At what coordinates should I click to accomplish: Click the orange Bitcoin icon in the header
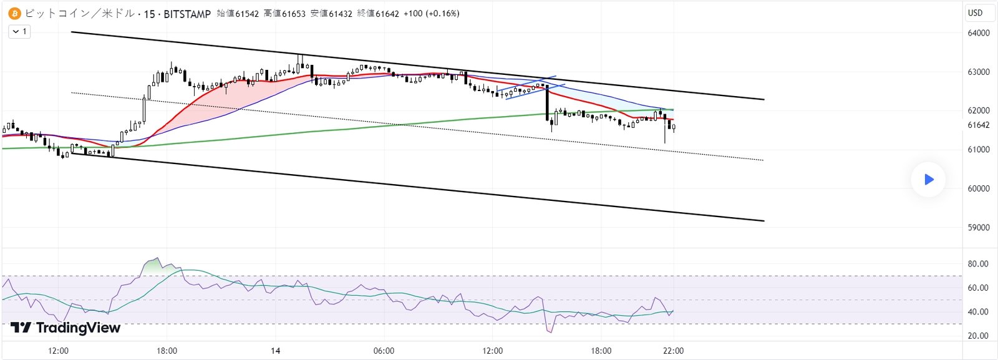pyautogui.click(x=14, y=13)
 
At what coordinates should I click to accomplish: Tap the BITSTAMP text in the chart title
pyautogui.click(x=187, y=14)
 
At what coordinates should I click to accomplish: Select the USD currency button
pyautogui.click(x=975, y=12)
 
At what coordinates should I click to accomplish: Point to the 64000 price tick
pyautogui.click(x=978, y=33)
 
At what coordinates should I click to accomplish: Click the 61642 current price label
pyautogui.click(x=978, y=125)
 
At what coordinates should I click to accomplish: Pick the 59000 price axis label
pyautogui.click(x=978, y=228)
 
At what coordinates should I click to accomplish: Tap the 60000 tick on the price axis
pyautogui.click(x=978, y=188)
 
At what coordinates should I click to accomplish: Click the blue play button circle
pyautogui.click(x=928, y=180)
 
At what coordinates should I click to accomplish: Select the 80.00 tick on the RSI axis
pyautogui.click(x=978, y=264)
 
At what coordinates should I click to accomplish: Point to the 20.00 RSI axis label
pyautogui.click(x=978, y=336)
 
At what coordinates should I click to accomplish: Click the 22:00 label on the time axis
pyautogui.click(x=673, y=351)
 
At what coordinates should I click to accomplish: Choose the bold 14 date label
pyautogui.click(x=276, y=351)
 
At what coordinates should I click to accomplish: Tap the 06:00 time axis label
pyautogui.click(x=384, y=351)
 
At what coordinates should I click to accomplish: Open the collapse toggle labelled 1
pyautogui.click(x=19, y=31)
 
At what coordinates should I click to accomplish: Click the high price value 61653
pyautogui.click(x=293, y=13)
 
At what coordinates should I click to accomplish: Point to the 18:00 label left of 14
pyautogui.click(x=167, y=351)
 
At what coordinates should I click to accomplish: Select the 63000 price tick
pyautogui.click(x=978, y=72)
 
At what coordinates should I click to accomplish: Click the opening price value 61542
pyautogui.click(x=246, y=13)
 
